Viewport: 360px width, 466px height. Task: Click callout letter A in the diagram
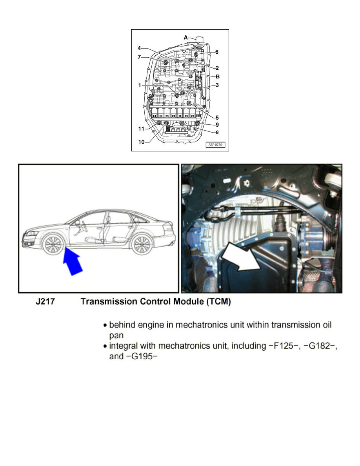(186, 38)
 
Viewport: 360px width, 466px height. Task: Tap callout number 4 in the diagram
(139, 49)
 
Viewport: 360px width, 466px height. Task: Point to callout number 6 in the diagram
(217, 52)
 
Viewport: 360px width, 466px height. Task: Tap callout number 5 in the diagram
(217, 117)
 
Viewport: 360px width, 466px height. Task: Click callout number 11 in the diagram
(141, 128)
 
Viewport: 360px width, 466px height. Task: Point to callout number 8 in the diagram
(217, 133)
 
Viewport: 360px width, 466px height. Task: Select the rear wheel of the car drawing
(142, 244)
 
